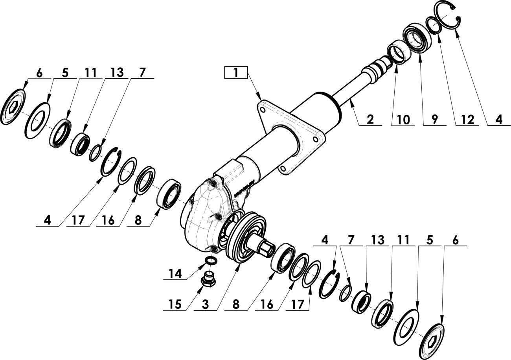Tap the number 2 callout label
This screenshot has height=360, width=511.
click(x=370, y=119)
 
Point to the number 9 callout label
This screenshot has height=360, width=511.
click(x=434, y=119)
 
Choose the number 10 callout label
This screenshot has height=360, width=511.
click(x=403, y=119)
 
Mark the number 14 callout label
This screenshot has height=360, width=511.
click(x=175, y=273)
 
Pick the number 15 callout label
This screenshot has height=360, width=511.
click(x=175, y=305)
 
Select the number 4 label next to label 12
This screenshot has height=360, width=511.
click(x=499, y=119)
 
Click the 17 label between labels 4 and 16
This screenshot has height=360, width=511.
click(x=78, y=220)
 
